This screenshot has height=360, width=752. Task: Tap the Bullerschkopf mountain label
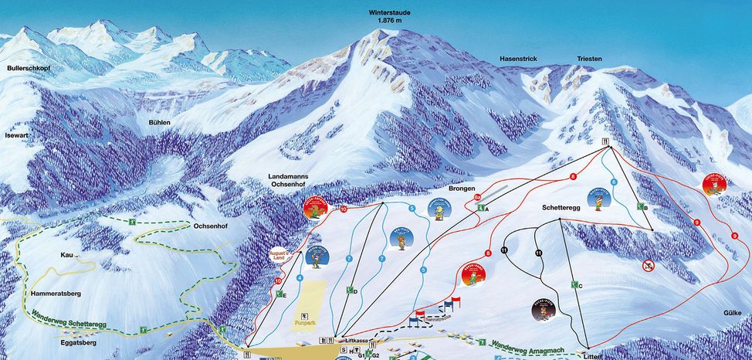point(29,69)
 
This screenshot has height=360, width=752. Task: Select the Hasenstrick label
point(518,59)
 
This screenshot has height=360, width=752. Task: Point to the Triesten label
point(589,59)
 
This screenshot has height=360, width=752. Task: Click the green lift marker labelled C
point(575,285)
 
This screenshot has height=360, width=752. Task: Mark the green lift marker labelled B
point(641,207)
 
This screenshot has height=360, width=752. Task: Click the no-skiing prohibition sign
point(648,266)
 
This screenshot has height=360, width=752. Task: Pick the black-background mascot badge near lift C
point(544,310)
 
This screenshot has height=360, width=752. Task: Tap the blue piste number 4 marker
point(300,278)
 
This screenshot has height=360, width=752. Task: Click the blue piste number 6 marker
point(614,182)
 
